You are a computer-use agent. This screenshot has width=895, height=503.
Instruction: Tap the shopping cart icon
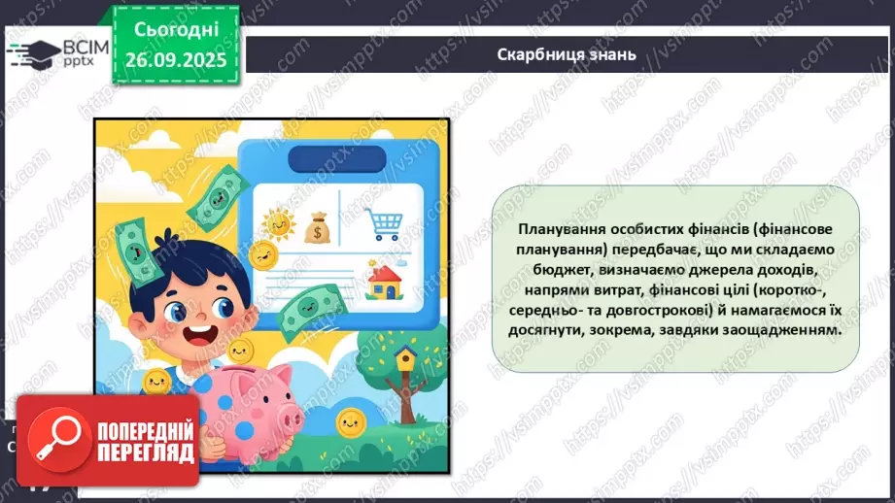[x=381, y=222]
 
